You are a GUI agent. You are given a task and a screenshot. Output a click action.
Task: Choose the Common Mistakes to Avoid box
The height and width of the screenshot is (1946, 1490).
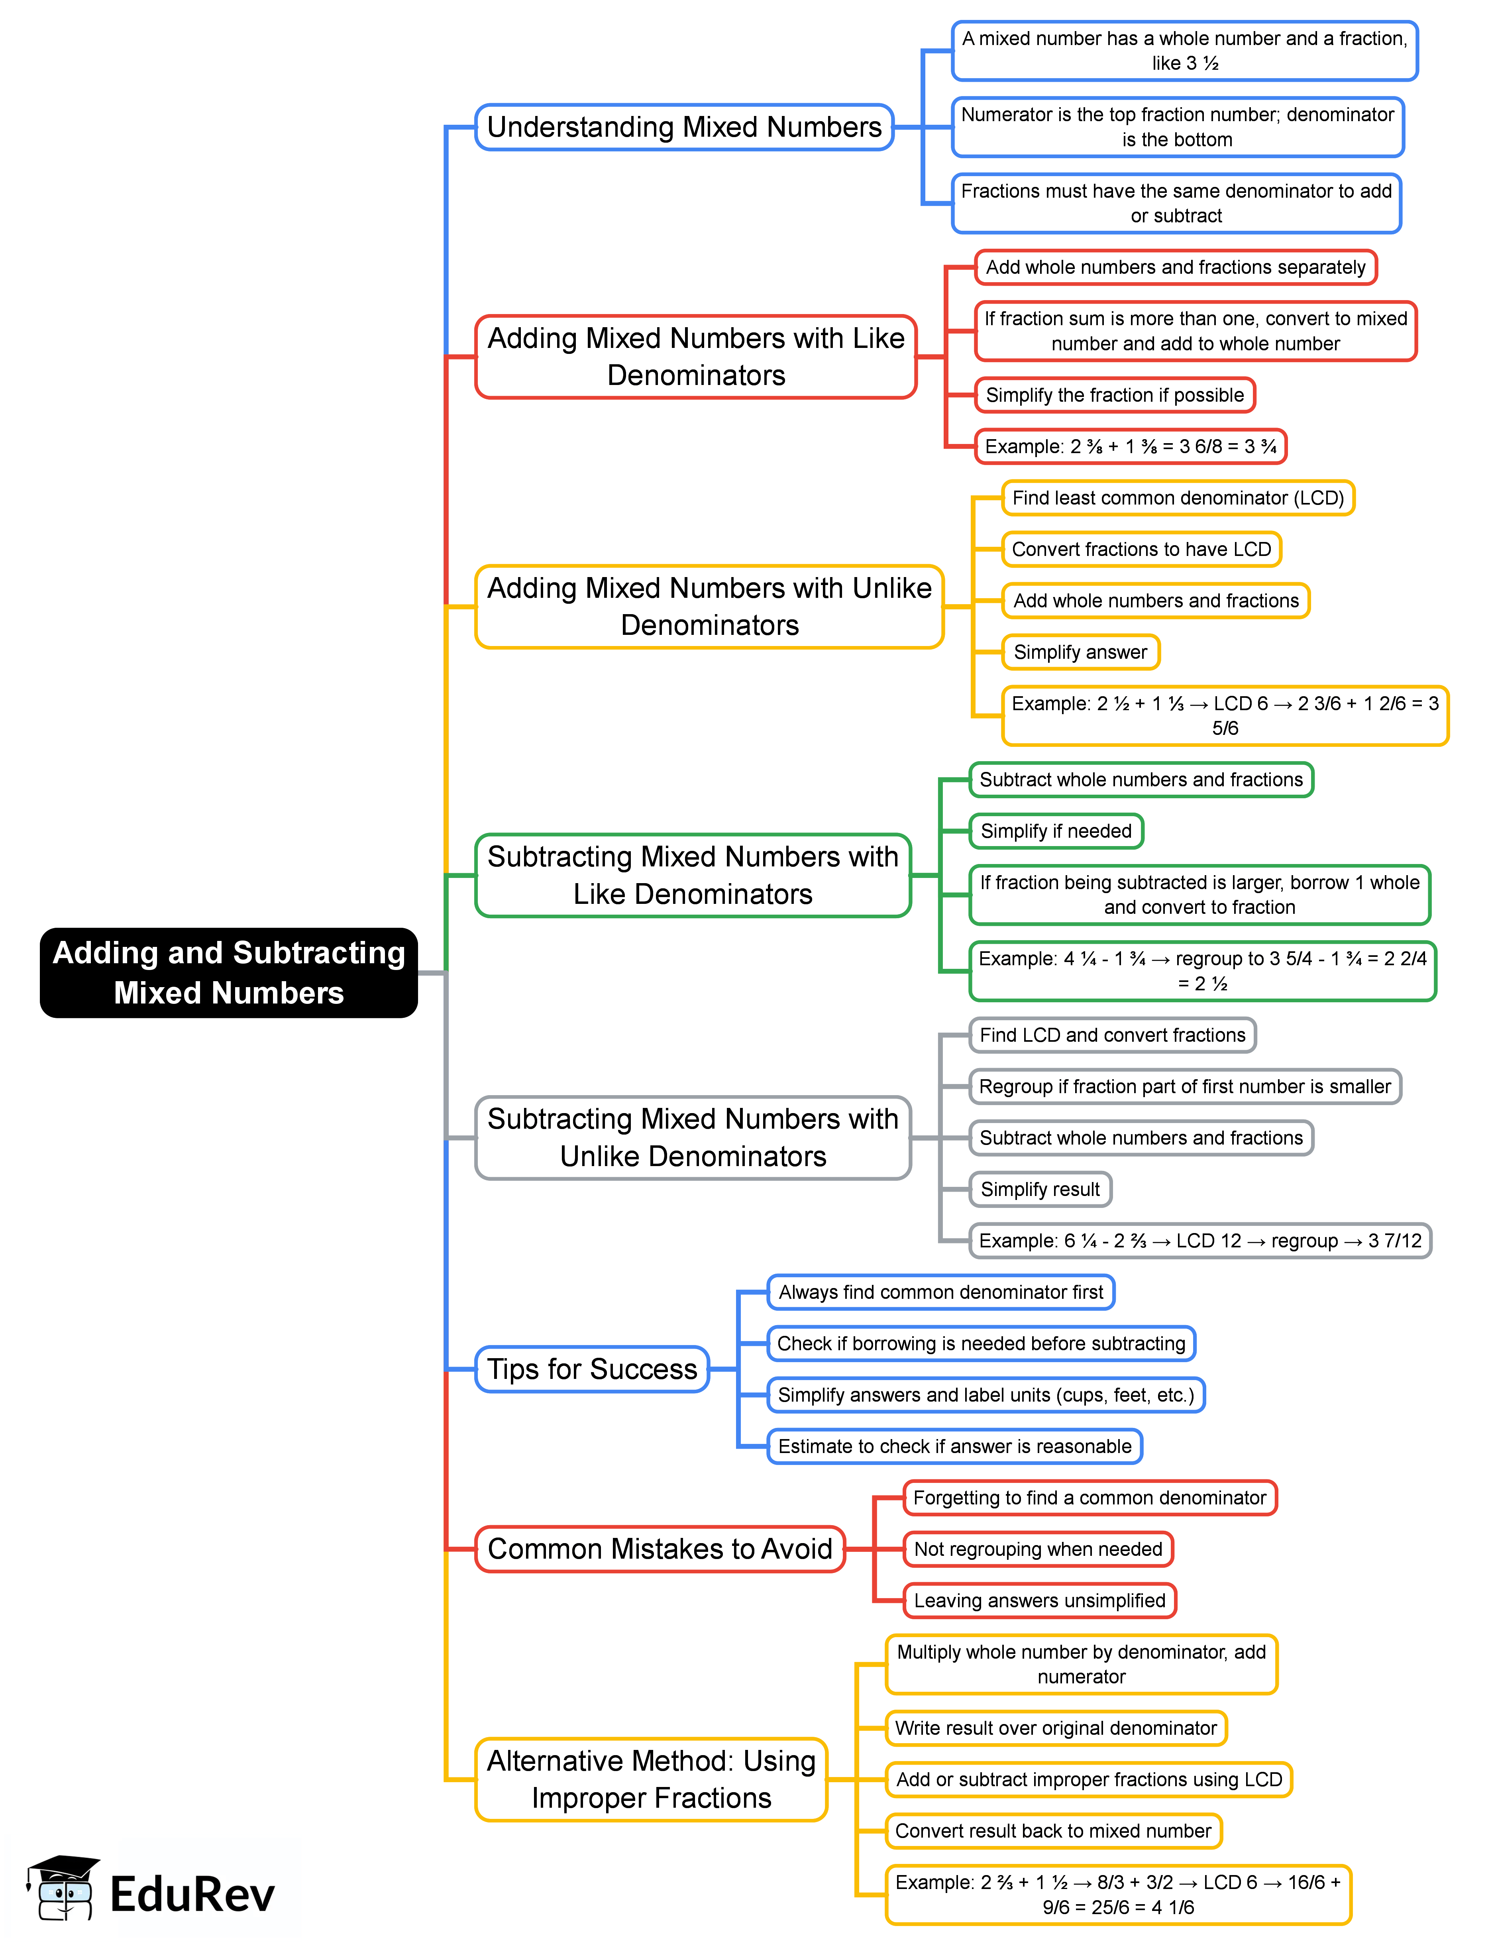point(660,1549)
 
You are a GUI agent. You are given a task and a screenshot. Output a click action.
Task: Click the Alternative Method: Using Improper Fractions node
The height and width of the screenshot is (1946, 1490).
point(651,1779)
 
